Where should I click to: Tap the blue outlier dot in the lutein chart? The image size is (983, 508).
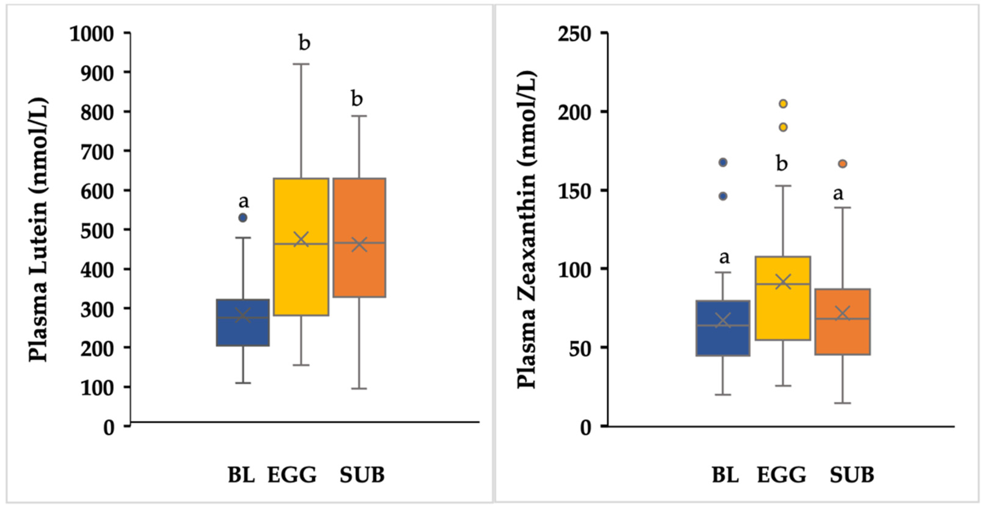[x=243, y=218]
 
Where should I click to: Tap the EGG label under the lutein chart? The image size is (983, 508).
[x=292, y=475]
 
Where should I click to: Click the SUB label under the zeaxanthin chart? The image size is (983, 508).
[x=852, y=475]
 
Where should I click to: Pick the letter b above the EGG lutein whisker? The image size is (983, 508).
[x=304, y=43]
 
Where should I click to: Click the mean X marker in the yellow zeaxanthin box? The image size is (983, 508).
[x=783, y=282]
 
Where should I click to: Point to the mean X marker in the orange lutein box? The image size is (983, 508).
[x=359, y=244]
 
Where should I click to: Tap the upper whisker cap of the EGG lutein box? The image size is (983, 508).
[x=301, y=64]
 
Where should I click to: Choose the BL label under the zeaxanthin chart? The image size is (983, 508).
[x=725, y=475]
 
